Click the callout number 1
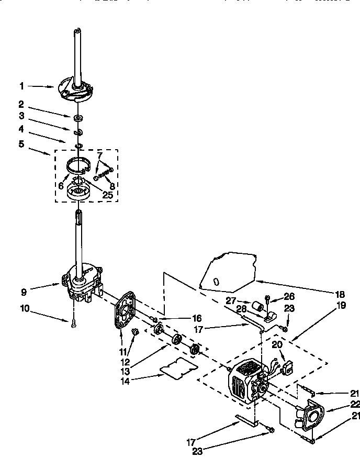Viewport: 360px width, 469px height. [x=22, y=86]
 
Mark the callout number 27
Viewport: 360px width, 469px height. [x=231, y=300]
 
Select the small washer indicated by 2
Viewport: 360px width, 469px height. [x=77, y=118]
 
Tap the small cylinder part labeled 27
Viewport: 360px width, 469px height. [x=256, y=305]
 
